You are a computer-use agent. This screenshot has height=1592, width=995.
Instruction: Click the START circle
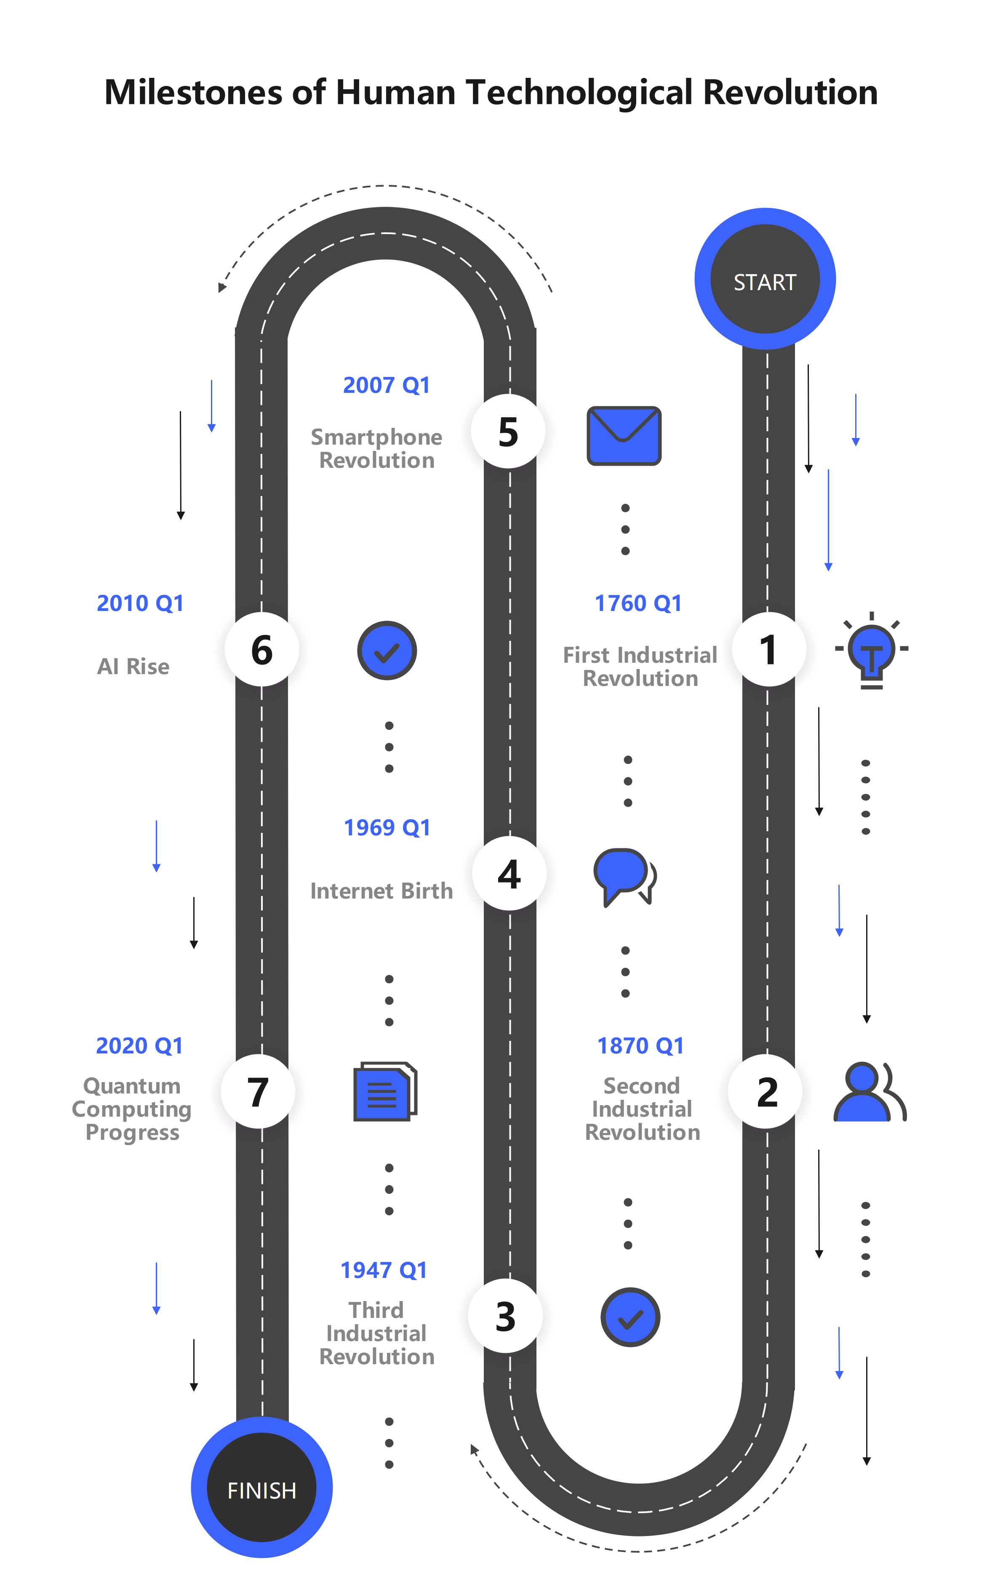point(765,279)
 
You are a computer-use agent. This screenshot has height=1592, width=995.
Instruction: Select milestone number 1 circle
point(768,649)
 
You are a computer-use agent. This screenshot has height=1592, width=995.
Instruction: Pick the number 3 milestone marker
point(505,1316)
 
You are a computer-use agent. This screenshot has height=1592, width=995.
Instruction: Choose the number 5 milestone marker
point(508,432)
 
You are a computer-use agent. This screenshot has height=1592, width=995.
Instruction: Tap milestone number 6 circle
point(262,649)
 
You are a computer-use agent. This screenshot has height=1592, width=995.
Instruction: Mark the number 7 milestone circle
point(258,1091)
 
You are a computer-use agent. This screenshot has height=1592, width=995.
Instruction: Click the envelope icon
point(624,435)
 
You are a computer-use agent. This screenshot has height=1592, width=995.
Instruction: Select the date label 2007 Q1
point(386,385)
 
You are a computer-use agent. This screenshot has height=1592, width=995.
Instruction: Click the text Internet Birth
point(381,891)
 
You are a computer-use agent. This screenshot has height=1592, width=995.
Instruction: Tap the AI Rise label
point(133,667)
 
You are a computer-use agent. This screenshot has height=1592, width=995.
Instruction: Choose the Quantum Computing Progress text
point(132,1109)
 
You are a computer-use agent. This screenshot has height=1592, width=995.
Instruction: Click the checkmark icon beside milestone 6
point(387,651)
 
